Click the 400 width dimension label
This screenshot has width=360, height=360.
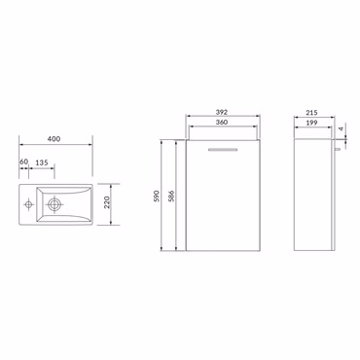[56, 141]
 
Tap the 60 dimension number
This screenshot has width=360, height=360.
[23, 162]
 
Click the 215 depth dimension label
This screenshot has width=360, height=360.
[311, 113]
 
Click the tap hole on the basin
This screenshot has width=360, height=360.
[29, 203]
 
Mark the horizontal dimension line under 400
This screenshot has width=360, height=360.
[56, 147]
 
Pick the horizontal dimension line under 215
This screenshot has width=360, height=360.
[311, 119]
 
